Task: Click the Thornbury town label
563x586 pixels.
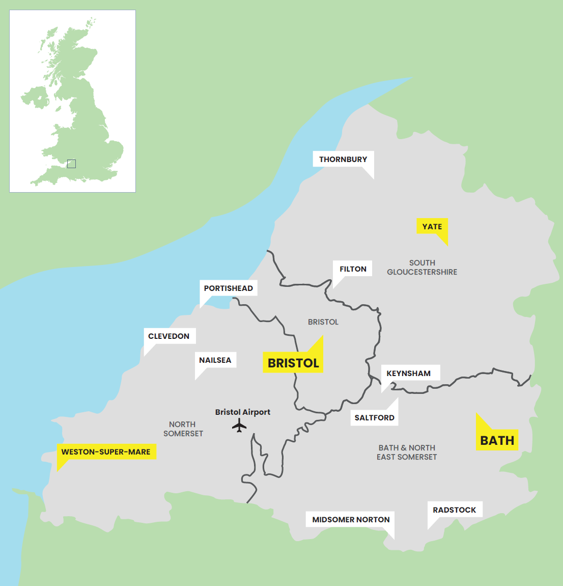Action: click(343, 159)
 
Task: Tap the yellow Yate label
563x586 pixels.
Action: click(432, 227)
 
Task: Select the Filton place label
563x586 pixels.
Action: click(353, 269)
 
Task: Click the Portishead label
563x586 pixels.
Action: click(228, 288)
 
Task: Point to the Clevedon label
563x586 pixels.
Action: click(168, 336)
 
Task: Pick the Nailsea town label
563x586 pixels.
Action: click(215, 360)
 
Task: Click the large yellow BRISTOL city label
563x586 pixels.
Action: click(293, 363)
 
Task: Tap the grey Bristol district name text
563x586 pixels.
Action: click(323, 322)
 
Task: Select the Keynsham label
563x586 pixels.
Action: click(408, 374)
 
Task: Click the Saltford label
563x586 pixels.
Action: click(374, 418)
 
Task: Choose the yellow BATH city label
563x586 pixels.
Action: click(497, 441)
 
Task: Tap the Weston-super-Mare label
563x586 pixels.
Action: click(106, 452)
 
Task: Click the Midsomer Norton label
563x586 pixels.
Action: click(351, 520)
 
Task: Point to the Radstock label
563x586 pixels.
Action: click(454, 510)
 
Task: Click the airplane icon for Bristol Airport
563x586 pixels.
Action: click(239, 425)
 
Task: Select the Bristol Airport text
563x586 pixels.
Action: click(242, 412)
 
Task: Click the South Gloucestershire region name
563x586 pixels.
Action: click(422, 268)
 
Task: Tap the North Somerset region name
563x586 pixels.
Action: click(183, 429)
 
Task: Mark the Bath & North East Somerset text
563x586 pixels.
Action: click(407, 452)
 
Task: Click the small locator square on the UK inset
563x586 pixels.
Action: click(71, 164)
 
